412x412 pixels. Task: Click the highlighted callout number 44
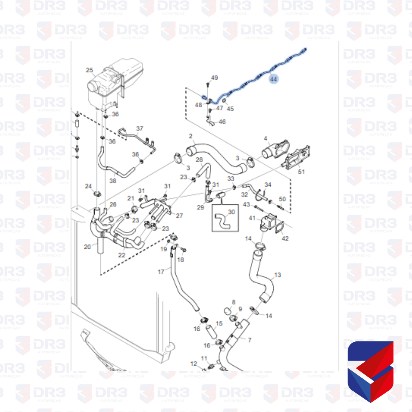pos(273,79)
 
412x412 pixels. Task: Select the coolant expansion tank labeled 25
pos(115,82)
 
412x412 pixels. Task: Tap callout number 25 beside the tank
pos(89,70)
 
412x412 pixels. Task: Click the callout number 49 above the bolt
pos(214,78)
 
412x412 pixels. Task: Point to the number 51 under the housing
pos(301,171)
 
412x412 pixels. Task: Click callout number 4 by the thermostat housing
pos(266,138)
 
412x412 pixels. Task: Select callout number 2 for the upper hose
pos(191,136)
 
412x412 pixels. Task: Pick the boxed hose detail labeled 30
pos(225,219)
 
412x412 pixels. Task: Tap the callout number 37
pos(140,129)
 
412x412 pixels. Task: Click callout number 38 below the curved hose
pos(113,180)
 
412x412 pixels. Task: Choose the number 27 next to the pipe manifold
pos(179,216)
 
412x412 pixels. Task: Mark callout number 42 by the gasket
pos(285,238)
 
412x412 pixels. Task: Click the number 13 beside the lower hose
pos(278,275)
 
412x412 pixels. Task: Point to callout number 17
pos(161,272)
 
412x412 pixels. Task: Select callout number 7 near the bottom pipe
pos(249,340)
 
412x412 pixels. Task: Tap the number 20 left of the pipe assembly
pos(87,247)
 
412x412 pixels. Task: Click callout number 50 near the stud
pos(282,199)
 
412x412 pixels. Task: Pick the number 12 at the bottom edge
pos(194,364)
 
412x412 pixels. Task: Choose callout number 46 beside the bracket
pos(222,122)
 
